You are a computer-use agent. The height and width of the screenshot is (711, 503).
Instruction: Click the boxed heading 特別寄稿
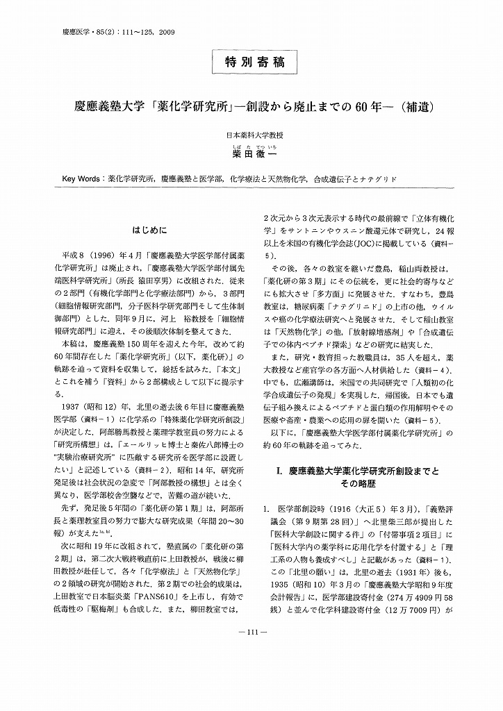coord(251,62)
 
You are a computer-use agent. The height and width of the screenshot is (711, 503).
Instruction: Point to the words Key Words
coord(82,178)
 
